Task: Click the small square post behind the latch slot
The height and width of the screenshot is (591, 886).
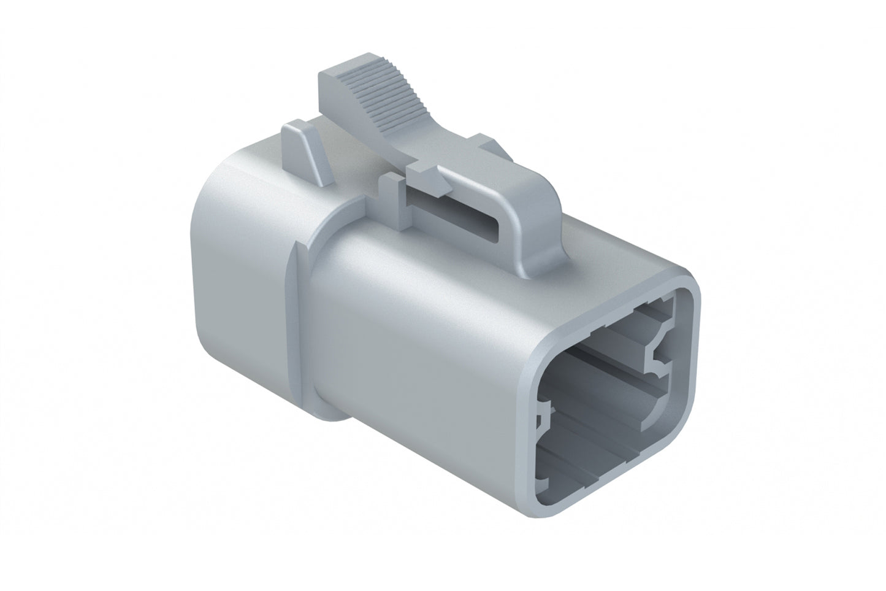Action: [x=389, y=187]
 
